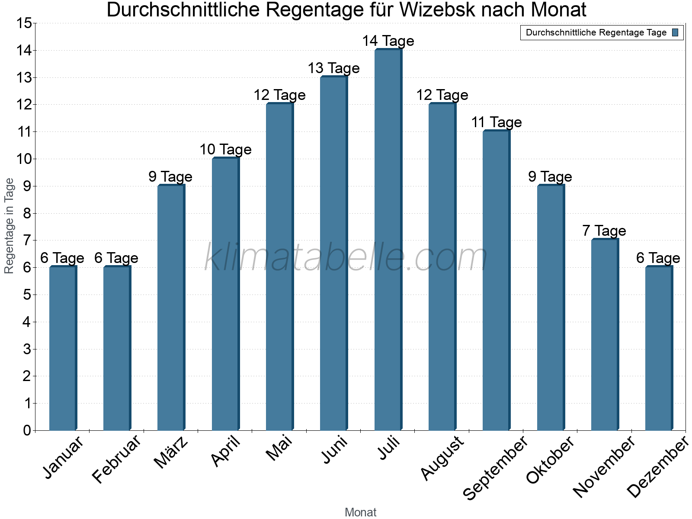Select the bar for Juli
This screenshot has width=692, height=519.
[x=388, y=240]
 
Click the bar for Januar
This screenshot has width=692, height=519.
[x=63, y=348]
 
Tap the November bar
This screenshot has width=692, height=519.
[x=605, y=335]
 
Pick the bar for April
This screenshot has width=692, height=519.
[x=225, y=294]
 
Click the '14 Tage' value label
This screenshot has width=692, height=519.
[x=388, y=41]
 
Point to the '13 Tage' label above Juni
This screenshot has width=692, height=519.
[x=333, y=68]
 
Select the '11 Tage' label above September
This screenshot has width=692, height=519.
[x=496, y=122]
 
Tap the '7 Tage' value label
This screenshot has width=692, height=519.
[x=604, y=231]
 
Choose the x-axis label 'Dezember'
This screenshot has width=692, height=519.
[x=657, y=467]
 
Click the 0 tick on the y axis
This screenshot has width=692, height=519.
[x=27, y=431]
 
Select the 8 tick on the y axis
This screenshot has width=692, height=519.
[x=27, y=213]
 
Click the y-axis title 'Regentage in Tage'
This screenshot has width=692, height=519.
[x=10, y=226]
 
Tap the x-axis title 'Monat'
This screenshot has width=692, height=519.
[x=360, y=513]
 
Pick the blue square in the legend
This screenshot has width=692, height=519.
[x=675, y=32]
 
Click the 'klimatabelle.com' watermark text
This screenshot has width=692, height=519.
[x=346, y=258]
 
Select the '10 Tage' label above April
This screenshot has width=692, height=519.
[x=225, y=150]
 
